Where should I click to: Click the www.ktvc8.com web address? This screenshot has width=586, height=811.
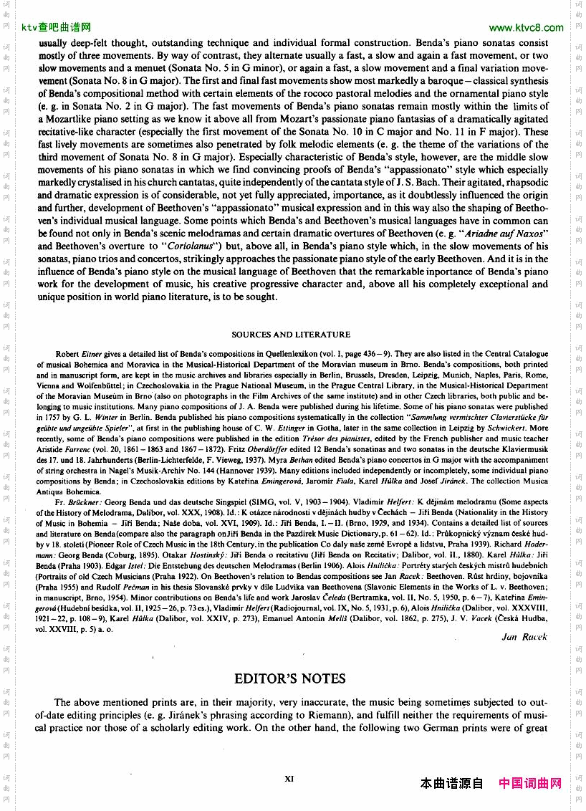[526, 28]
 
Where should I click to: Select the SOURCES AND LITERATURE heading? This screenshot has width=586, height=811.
[291, 335]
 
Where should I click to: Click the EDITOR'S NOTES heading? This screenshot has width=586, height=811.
[290, 678]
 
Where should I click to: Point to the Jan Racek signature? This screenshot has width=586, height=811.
[524, 636]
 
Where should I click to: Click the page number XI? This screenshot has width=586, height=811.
[290, 777]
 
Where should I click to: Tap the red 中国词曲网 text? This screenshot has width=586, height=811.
[530, 784]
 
